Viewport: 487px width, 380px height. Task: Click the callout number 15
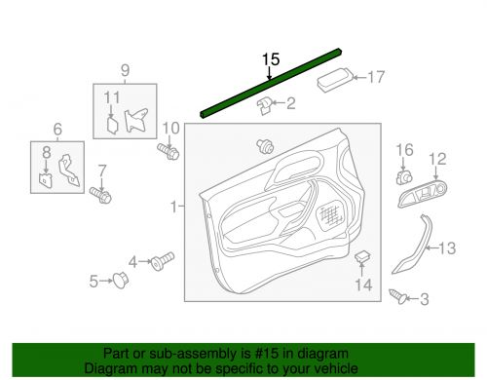[x=270, y=58]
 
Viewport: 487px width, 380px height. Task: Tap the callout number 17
[x=375, y=78]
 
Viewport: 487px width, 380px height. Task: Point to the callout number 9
[x=124, y=70]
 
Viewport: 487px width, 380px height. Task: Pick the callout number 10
[x=170, y=128]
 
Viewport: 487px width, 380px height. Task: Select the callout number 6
[x=57, y=129]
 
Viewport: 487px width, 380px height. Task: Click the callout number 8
[x=44, y=151]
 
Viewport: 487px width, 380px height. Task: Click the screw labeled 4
[x=161, y=260]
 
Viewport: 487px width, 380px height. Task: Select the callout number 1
[x=174, y=208]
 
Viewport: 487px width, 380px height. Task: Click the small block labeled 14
[x=361, y=257]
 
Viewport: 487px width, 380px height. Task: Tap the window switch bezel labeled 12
[x=421, y=198]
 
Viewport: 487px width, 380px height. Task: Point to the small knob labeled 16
[x=403, y=177]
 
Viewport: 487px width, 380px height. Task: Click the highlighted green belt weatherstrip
[x=270, y=85]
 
